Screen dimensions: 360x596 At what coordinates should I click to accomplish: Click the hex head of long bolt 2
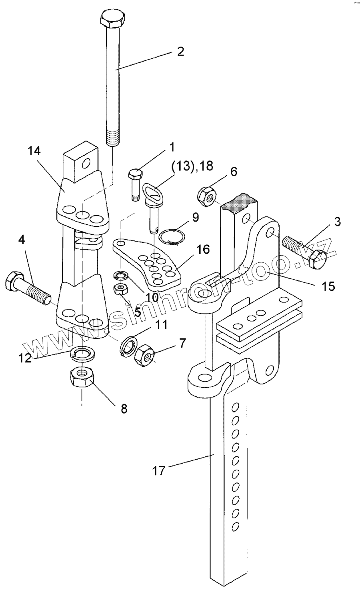point(112,19)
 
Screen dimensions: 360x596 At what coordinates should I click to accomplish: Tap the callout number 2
point(180,51)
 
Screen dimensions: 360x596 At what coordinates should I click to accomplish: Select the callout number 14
point(34,151)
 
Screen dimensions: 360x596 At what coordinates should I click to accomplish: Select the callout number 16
point(204,250)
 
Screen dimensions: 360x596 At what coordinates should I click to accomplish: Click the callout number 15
point(328,286)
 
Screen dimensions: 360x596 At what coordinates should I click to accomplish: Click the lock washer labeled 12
point(83,354)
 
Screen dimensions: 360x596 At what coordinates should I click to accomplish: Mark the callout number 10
point(152,297)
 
